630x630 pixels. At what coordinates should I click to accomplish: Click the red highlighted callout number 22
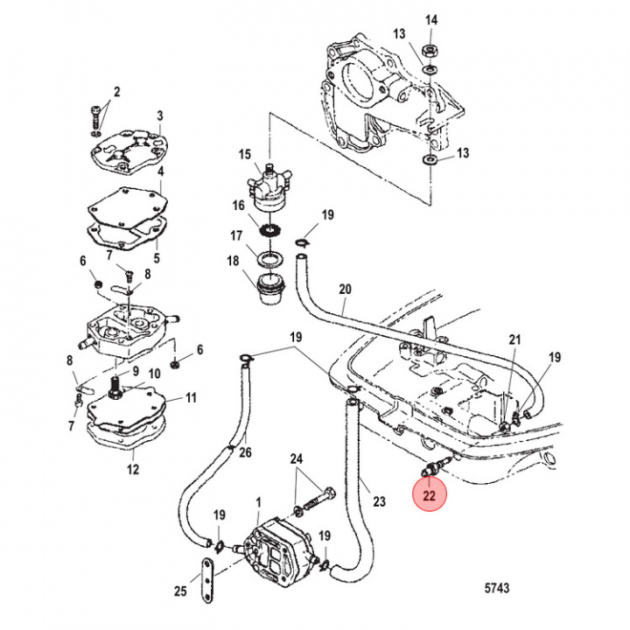pyautogui.click(x=430, y=495)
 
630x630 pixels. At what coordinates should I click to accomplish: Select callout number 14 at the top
pyautogui.click(x=430, y=20)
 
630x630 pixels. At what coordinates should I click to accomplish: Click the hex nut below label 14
pyautogui.click(x=430, y=51)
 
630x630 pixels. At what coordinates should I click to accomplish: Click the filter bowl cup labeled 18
pyautogui.click(x=269, y=289)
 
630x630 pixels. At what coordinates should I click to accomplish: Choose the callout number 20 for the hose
pyautogui.click(x=345, y=289)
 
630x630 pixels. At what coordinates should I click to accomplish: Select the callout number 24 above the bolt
pyautogui.click(x=297, y=459)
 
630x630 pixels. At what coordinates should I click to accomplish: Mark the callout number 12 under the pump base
pyautogui.click(x=133, y=469)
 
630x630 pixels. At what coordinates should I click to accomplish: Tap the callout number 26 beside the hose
pyautogui.click(x=245, y=452)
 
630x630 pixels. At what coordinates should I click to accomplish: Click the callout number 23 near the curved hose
pyautogui.click(x=378, y=502)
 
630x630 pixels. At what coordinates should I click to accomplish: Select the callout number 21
pyautogui.click(x=514, y=340)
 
